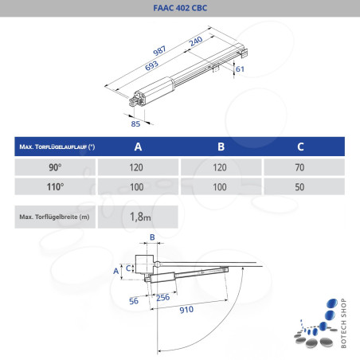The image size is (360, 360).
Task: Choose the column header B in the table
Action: pyautogui.click(x=221, y=147)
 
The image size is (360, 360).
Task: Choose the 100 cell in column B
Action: pyautogui.click(x=221, y=188)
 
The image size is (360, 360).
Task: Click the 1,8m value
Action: pyautogui.click(x=140, y=215)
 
